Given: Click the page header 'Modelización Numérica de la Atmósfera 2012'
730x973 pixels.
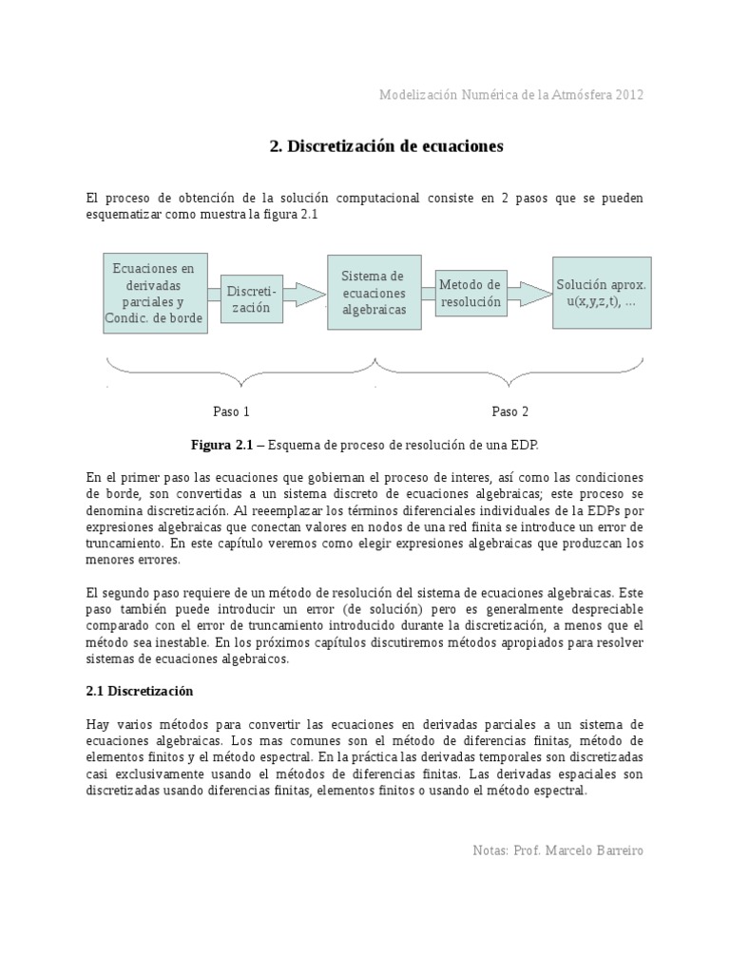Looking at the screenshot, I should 511,95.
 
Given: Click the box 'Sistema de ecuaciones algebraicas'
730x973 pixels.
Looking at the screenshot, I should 374,293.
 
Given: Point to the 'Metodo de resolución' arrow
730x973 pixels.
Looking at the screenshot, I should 470,293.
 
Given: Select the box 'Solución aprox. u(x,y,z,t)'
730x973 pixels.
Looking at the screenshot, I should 602,293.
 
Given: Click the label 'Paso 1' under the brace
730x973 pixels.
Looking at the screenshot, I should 230,411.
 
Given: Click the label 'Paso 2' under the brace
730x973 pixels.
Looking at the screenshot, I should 509,411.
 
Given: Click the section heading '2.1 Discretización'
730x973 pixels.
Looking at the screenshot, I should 139,691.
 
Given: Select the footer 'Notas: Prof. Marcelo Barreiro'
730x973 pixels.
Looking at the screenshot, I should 557,849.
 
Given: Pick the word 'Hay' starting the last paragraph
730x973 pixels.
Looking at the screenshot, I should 98,724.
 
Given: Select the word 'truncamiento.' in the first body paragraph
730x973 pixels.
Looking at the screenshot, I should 125,544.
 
